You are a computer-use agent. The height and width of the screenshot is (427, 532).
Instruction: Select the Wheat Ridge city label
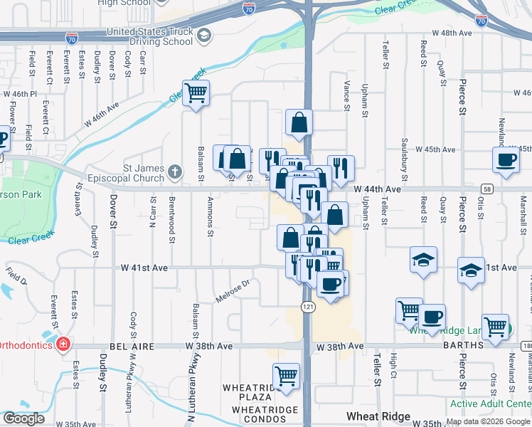pyautogui.click(x=378, y=416)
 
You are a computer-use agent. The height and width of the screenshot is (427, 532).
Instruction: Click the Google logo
pyautogui.click(x=23, y=418)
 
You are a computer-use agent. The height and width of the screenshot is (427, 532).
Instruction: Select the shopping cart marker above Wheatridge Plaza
pyautogui.click(x=286, y=376)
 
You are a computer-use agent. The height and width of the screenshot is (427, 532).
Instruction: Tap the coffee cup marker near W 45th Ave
pyautogui.click(x=506, y=159)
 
